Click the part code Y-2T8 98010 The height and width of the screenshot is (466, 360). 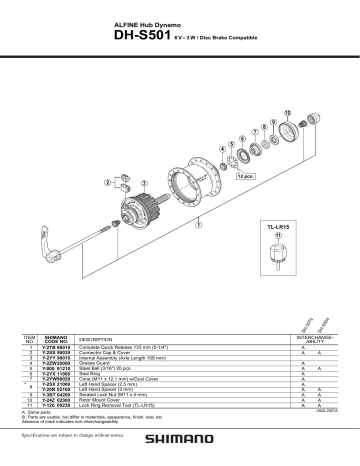57,347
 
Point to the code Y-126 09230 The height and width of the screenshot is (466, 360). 57,407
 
